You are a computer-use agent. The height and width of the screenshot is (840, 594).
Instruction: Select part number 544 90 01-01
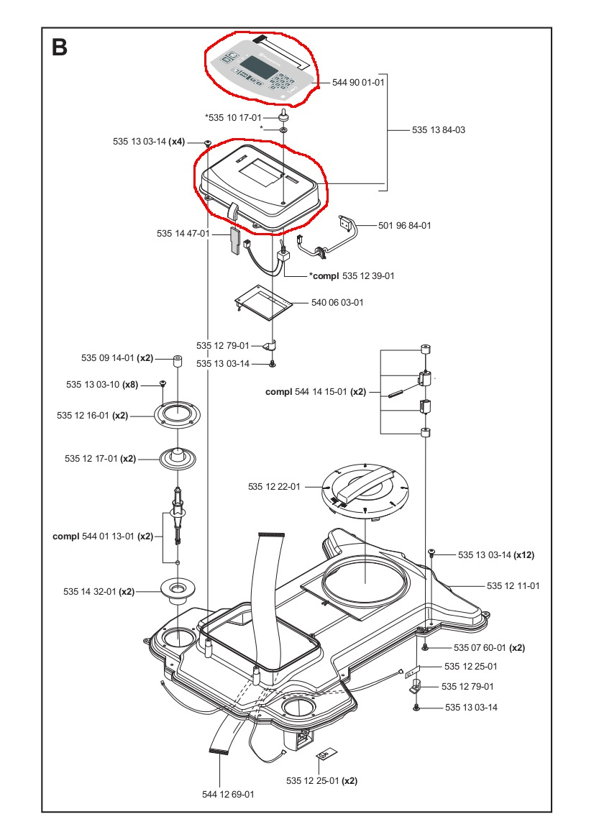(359, 83)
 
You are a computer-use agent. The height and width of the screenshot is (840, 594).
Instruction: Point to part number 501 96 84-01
(405, 226)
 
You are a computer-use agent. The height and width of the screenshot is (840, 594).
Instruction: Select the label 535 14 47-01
(183, 234)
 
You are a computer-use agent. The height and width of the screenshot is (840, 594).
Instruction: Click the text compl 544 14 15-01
(316, 392)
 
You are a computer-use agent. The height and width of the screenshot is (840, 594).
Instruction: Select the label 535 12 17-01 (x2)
(100, 458)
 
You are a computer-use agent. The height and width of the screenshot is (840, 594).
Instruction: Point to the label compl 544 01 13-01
(103, 536)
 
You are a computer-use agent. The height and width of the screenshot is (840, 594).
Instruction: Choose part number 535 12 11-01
(513, 586)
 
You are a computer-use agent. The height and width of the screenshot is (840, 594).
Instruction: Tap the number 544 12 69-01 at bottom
(228, 795)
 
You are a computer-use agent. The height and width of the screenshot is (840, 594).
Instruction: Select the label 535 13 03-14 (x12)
(495, 554)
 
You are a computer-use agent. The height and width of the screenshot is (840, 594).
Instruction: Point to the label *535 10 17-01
(233, 117)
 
